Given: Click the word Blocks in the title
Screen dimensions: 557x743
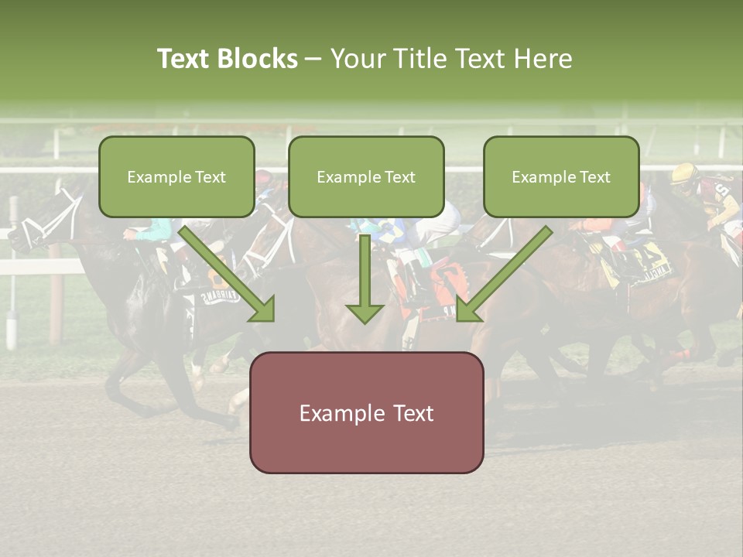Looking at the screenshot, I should [x=258, y=59].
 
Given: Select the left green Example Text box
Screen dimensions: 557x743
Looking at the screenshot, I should [x=176, y=176].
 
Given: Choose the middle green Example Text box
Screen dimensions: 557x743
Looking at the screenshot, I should [x=366, y=176].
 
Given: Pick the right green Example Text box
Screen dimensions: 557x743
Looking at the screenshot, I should [x=561, y=176].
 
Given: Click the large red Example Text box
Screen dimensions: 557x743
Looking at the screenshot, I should [x=366, y=412].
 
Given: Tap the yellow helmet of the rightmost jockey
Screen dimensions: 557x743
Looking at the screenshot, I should [x=683, y=173].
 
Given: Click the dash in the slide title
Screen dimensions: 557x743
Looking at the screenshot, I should [x=313, y=59].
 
